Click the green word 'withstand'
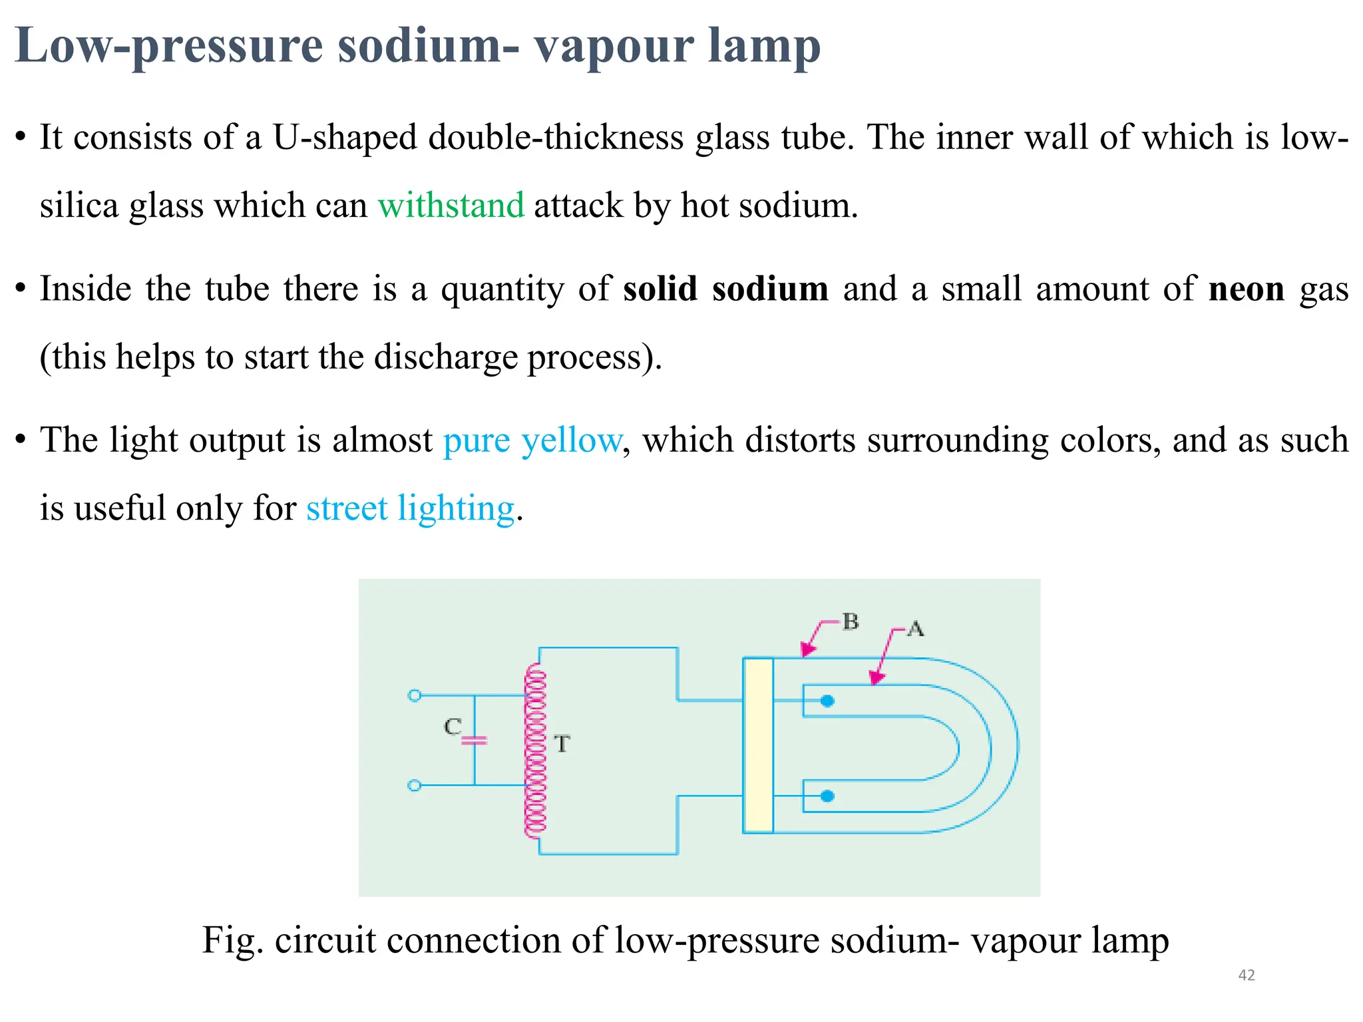pyautogui.click(x=451, y=205)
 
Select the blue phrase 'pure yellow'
pyautogui.click(x=532, y=440)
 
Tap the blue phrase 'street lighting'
pyautogui.click(x=410, y=509)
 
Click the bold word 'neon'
pyautogui.click(x=1246, y=289)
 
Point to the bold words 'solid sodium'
pyautogui.click(x=725, y=289)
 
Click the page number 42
pyautogui.click(x=1246, y=975)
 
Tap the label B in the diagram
pyautogui.click(x=851, y=621)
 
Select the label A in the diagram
pyautogui.click(x=916, y=629)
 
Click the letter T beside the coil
pyautogui.click(x=562, y=744)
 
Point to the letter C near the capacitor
pyautogui.click(x=453, y=727)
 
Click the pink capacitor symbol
pyautogui.click(x=475, y=740)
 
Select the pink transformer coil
pyautogui.click(x=535, y=752)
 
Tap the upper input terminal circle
pyautogui.click(x=414, y=695)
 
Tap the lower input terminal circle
pyautogui.click(x=414, y=786)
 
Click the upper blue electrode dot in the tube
pyautogui.click(x=827, y=701)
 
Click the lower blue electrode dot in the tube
pyautogui.click(x=827, y=796)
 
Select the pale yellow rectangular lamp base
pyautogui.click(x=758, y=745)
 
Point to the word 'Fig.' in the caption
pyautogui.click(x=232, y=941)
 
